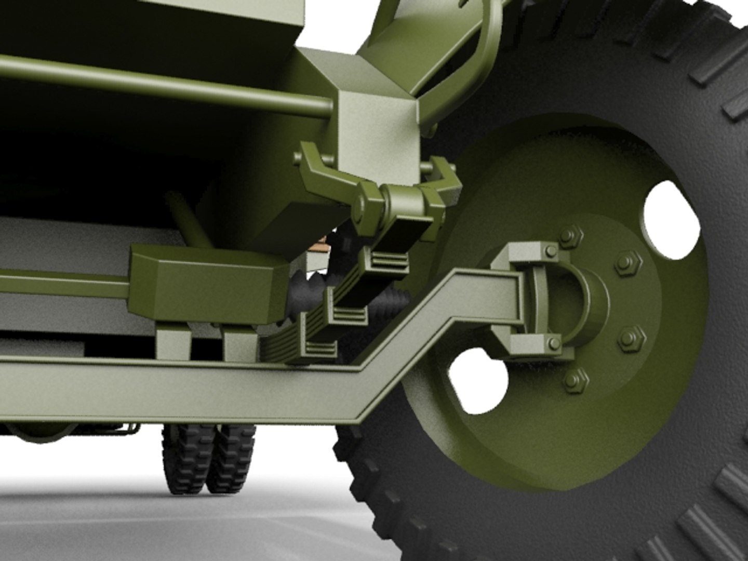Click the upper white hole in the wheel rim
(671, 221)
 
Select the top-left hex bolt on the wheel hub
(569, 236)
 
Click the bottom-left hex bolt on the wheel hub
(576, 381)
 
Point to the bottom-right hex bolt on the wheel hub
(632, 339)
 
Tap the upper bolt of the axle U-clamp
(551, 252)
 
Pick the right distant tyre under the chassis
(231, 457)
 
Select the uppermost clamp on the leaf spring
(387, 260)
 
